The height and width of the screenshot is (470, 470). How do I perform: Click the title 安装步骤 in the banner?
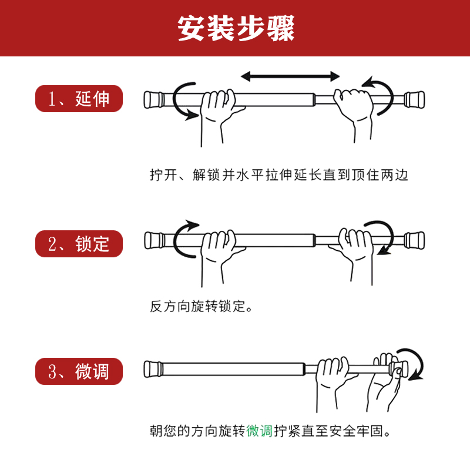[x=235, y=28]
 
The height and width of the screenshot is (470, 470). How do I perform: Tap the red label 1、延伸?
[x=79, y=99]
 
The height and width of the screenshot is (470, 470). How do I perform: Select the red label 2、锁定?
[x=79, y=243]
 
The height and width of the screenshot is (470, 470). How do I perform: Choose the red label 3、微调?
[x=79, y=371]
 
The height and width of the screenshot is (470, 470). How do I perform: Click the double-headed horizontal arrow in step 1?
[x=290, y=76]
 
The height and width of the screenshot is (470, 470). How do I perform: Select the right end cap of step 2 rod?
[x=415, y=239]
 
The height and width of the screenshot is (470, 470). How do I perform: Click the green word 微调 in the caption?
[x=259, y=431]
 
